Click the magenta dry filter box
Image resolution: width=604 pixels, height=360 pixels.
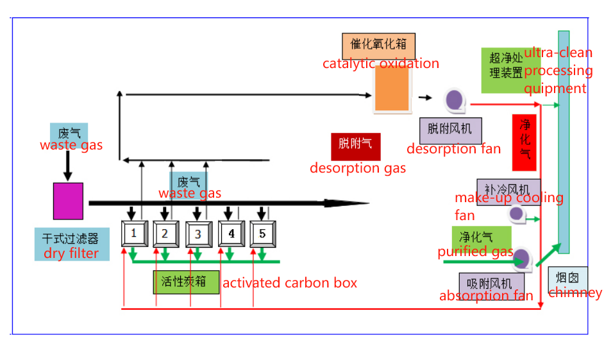click(68, 201)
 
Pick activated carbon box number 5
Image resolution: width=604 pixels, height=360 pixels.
click(263, 234)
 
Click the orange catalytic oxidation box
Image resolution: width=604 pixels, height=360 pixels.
click(392, 89)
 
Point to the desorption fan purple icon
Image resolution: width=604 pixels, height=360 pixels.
click(455, 99)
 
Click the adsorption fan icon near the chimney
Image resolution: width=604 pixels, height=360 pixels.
click(521, 259)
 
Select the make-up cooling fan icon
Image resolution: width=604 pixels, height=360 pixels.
click(517, 214)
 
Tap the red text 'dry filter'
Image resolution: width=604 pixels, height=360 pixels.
click(71, 253)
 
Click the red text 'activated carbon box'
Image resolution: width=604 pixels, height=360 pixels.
click(289, 283)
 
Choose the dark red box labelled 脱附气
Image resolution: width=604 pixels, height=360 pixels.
click(356, 147)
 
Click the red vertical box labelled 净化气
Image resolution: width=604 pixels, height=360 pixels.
click(525, 142)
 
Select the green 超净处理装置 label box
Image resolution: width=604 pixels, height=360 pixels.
click(502, 69)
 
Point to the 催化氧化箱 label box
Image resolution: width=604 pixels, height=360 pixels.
click(378, 46)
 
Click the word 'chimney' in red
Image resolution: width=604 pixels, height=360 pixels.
click(575, 293)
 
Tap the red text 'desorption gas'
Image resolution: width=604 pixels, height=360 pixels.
click(358, 168)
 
